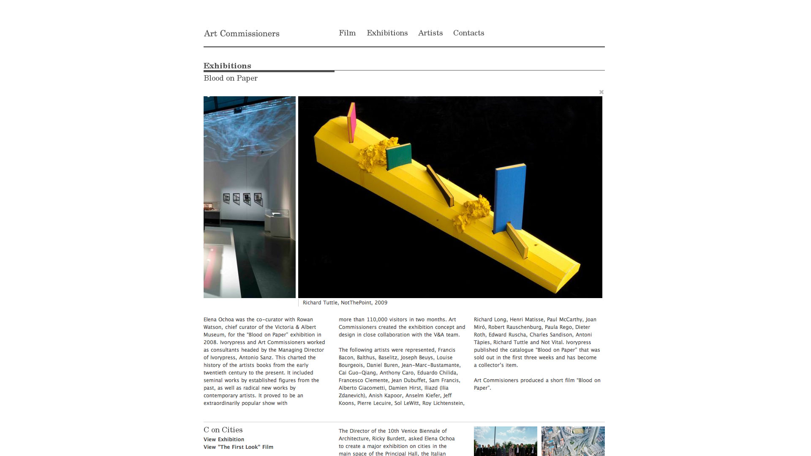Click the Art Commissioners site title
[241, 34]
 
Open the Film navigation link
[347, 33]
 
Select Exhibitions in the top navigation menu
[387, 33]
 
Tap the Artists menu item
[430, 33]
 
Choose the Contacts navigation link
[468, 33]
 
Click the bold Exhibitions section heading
[227, 66]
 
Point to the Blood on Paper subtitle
[231, 78]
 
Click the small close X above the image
[601, 92]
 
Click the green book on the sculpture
[398, 156]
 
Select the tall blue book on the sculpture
[510, 197]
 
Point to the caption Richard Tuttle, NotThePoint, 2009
[345, 303]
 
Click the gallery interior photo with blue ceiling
[250, 197]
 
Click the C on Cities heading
[223, 430]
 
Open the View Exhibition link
[224, 440]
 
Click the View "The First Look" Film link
[238, 447]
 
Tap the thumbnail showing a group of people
[505, 441]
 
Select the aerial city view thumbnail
[573, 441]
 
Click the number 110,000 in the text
[377, 320]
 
